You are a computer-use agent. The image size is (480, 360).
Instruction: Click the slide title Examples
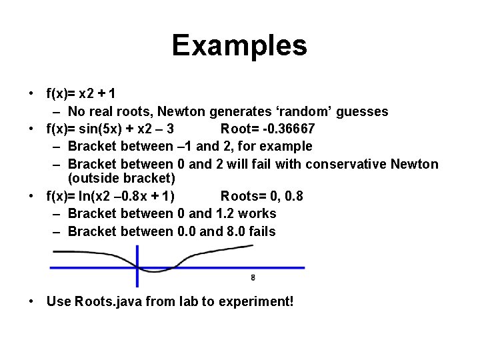point(239,46)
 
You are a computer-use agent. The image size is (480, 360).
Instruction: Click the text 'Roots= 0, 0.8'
point(261,196)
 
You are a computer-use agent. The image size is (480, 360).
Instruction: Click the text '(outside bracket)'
point(121,178)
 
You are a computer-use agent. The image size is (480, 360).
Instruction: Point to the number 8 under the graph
point(253,277)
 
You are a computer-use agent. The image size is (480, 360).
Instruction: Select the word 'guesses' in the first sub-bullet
point(362,111)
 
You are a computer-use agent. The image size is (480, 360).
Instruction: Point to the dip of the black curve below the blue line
point(155,271)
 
